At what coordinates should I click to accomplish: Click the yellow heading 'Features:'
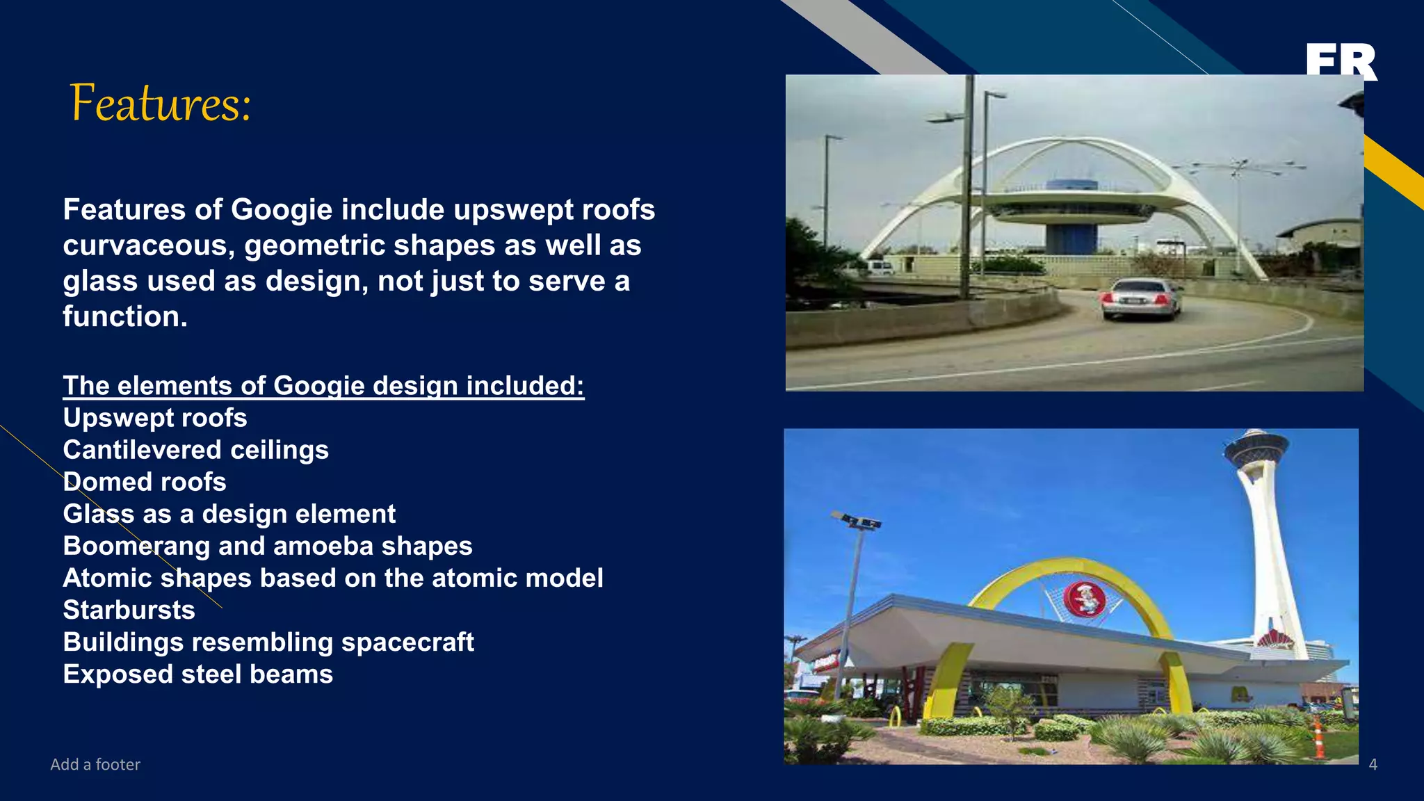(161, 104)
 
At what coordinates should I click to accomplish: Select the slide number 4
(1373, 764)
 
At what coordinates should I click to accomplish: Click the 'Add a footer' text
(95, 764)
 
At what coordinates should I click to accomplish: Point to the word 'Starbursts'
(129, 610)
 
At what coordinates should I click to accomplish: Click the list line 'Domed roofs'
(145, 482)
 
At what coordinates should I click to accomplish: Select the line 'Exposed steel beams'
(198, 674)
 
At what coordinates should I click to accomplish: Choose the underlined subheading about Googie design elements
(323, 385)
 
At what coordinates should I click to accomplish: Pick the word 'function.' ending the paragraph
(125, 316)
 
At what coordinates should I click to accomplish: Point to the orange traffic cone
(1318, 739)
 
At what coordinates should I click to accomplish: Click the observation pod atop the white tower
(1256, 448)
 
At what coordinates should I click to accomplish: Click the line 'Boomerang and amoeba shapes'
(268, 546)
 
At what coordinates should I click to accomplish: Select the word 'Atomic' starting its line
(107, 578)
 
